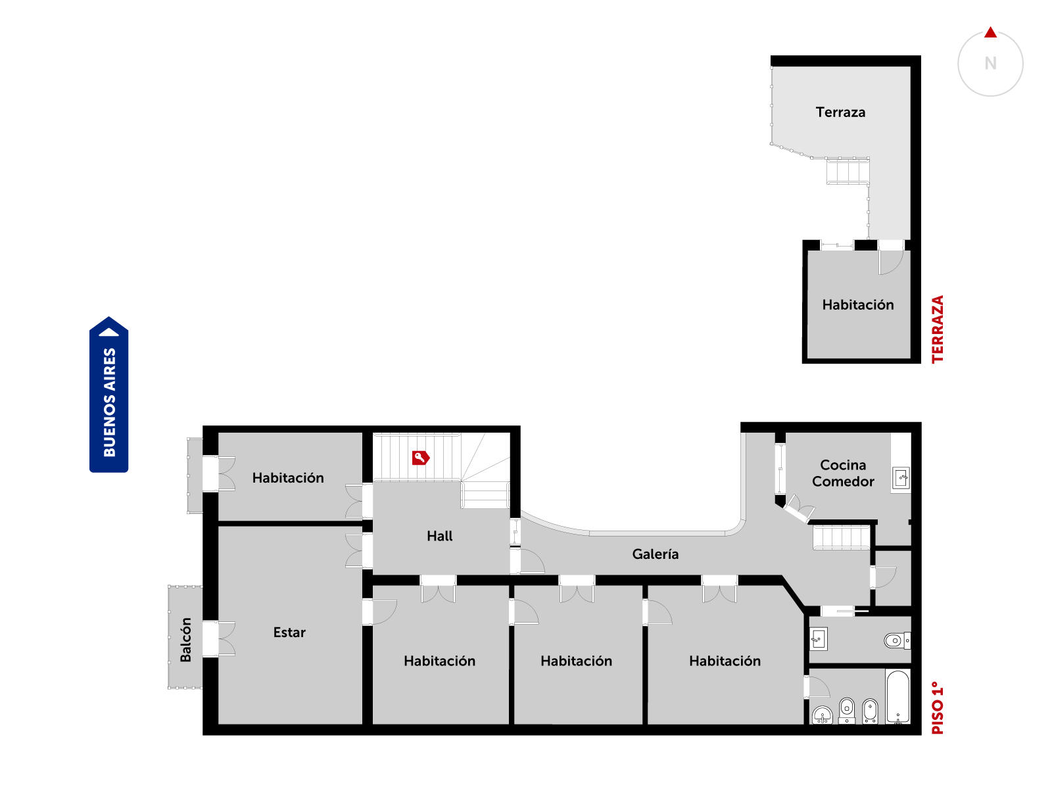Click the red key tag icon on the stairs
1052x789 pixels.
(x=420, y=458)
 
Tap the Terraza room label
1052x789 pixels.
(x=840, y=112)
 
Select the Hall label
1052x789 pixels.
(x=439, y=536)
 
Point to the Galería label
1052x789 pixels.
(x=655, y=554)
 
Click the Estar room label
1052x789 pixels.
(x=289, y=633)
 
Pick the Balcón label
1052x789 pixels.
(x=185, y=640)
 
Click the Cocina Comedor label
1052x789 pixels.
(x=843, y=473)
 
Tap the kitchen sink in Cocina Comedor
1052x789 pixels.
(x=901, y=478)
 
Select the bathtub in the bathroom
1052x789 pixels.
(x=897, y=697)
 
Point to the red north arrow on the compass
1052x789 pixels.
(x=990, y=33)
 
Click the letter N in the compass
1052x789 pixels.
(x=990, y=63)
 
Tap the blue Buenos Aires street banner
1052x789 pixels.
(x=108, y=394)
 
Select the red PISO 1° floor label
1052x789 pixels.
(x=937, y=707)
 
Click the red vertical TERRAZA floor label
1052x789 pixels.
(x=937, y=329)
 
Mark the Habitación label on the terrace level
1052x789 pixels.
(x=858, y=304)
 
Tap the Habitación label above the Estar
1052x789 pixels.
(x=288, y=477)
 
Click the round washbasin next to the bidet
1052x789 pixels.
(x=823, y=715)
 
